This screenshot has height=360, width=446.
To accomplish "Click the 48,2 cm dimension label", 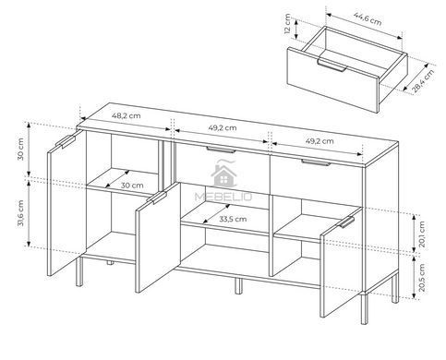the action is point(126,116).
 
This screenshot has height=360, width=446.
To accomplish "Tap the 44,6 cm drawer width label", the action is point(368,19).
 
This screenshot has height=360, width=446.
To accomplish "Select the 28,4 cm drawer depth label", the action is point(423,80).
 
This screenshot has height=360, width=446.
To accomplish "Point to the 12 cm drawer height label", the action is point(287,24).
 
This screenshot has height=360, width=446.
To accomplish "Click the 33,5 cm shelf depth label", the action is point(233,219).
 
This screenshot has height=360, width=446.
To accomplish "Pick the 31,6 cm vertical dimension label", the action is point(20,213).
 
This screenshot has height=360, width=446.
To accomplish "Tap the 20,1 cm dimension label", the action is point(422,234).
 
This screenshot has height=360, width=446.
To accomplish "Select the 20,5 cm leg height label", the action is point(422,278).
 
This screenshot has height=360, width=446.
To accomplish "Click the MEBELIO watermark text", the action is point(223,197).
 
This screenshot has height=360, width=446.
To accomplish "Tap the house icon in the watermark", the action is point(223,175).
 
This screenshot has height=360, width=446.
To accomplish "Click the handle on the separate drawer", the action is point(332,66).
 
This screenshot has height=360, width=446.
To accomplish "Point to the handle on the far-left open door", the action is point(66,141).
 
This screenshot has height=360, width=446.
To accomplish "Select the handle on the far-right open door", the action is point(347,222).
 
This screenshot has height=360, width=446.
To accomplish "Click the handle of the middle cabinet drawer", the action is point(221,150).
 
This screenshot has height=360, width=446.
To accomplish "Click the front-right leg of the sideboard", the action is point(365,308).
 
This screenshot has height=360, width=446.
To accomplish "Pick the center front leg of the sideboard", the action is point(238,286).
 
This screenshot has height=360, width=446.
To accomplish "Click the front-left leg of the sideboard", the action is point(79,271).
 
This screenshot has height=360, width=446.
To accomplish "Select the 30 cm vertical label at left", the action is point(20,150).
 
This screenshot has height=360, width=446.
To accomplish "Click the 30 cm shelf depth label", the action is point(132,186).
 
